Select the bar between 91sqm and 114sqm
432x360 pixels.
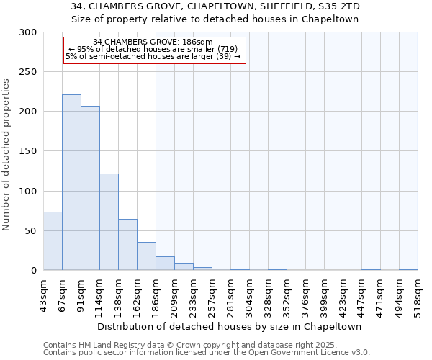pyautogui.click(x=90, y=188)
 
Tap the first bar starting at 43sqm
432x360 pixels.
pyautogui.click(x=53, y=240)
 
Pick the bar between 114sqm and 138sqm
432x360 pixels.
pyautogui.click(x=109, y=222)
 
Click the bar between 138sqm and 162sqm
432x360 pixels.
pyautogui.click(x=127, y=245)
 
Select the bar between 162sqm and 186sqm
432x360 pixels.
pyautogui.click(x=146, y=256)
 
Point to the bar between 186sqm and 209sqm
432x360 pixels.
pyautogui.click(x=165, y=264)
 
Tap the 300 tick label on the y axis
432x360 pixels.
pyautogui.click(x=29, y=32)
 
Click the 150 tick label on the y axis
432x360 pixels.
pyautogui.click(x=29, y=151)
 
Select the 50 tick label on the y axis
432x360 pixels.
pyautogui.click(x=31, y=231)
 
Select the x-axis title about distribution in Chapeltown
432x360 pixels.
pyautogui.click(x=230, y=326)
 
